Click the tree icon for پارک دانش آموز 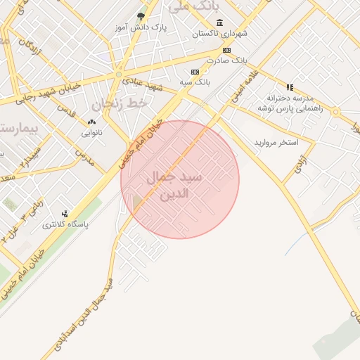click(141, 16)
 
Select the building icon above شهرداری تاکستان click(219, 22)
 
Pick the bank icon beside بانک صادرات click(226, 50)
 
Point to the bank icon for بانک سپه click(195, 72)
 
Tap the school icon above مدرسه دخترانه click(290, 87)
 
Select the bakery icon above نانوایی click(91, 122)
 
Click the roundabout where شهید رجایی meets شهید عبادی click(119, 74)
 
